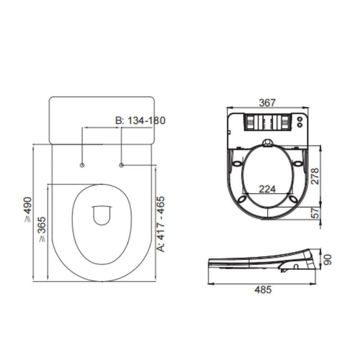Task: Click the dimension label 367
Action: (x=267, y=103)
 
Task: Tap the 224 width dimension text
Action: (x=267, y=189)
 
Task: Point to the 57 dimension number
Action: (x=315, y=213)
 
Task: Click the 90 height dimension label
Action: (x=328, y=260)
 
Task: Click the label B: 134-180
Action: (x=140, y=121)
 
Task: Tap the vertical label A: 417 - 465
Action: (x=161, y=223)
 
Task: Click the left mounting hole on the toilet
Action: (x=82, y=166)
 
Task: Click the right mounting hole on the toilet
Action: (x=122, y=166)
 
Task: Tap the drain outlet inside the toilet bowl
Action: (x=102, y=215)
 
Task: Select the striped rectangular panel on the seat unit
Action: (x=267, y=122)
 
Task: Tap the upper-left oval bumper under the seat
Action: (x=237, y=166)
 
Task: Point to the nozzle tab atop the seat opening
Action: (x=267, y=143)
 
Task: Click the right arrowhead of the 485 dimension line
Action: (x=318, y=284)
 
